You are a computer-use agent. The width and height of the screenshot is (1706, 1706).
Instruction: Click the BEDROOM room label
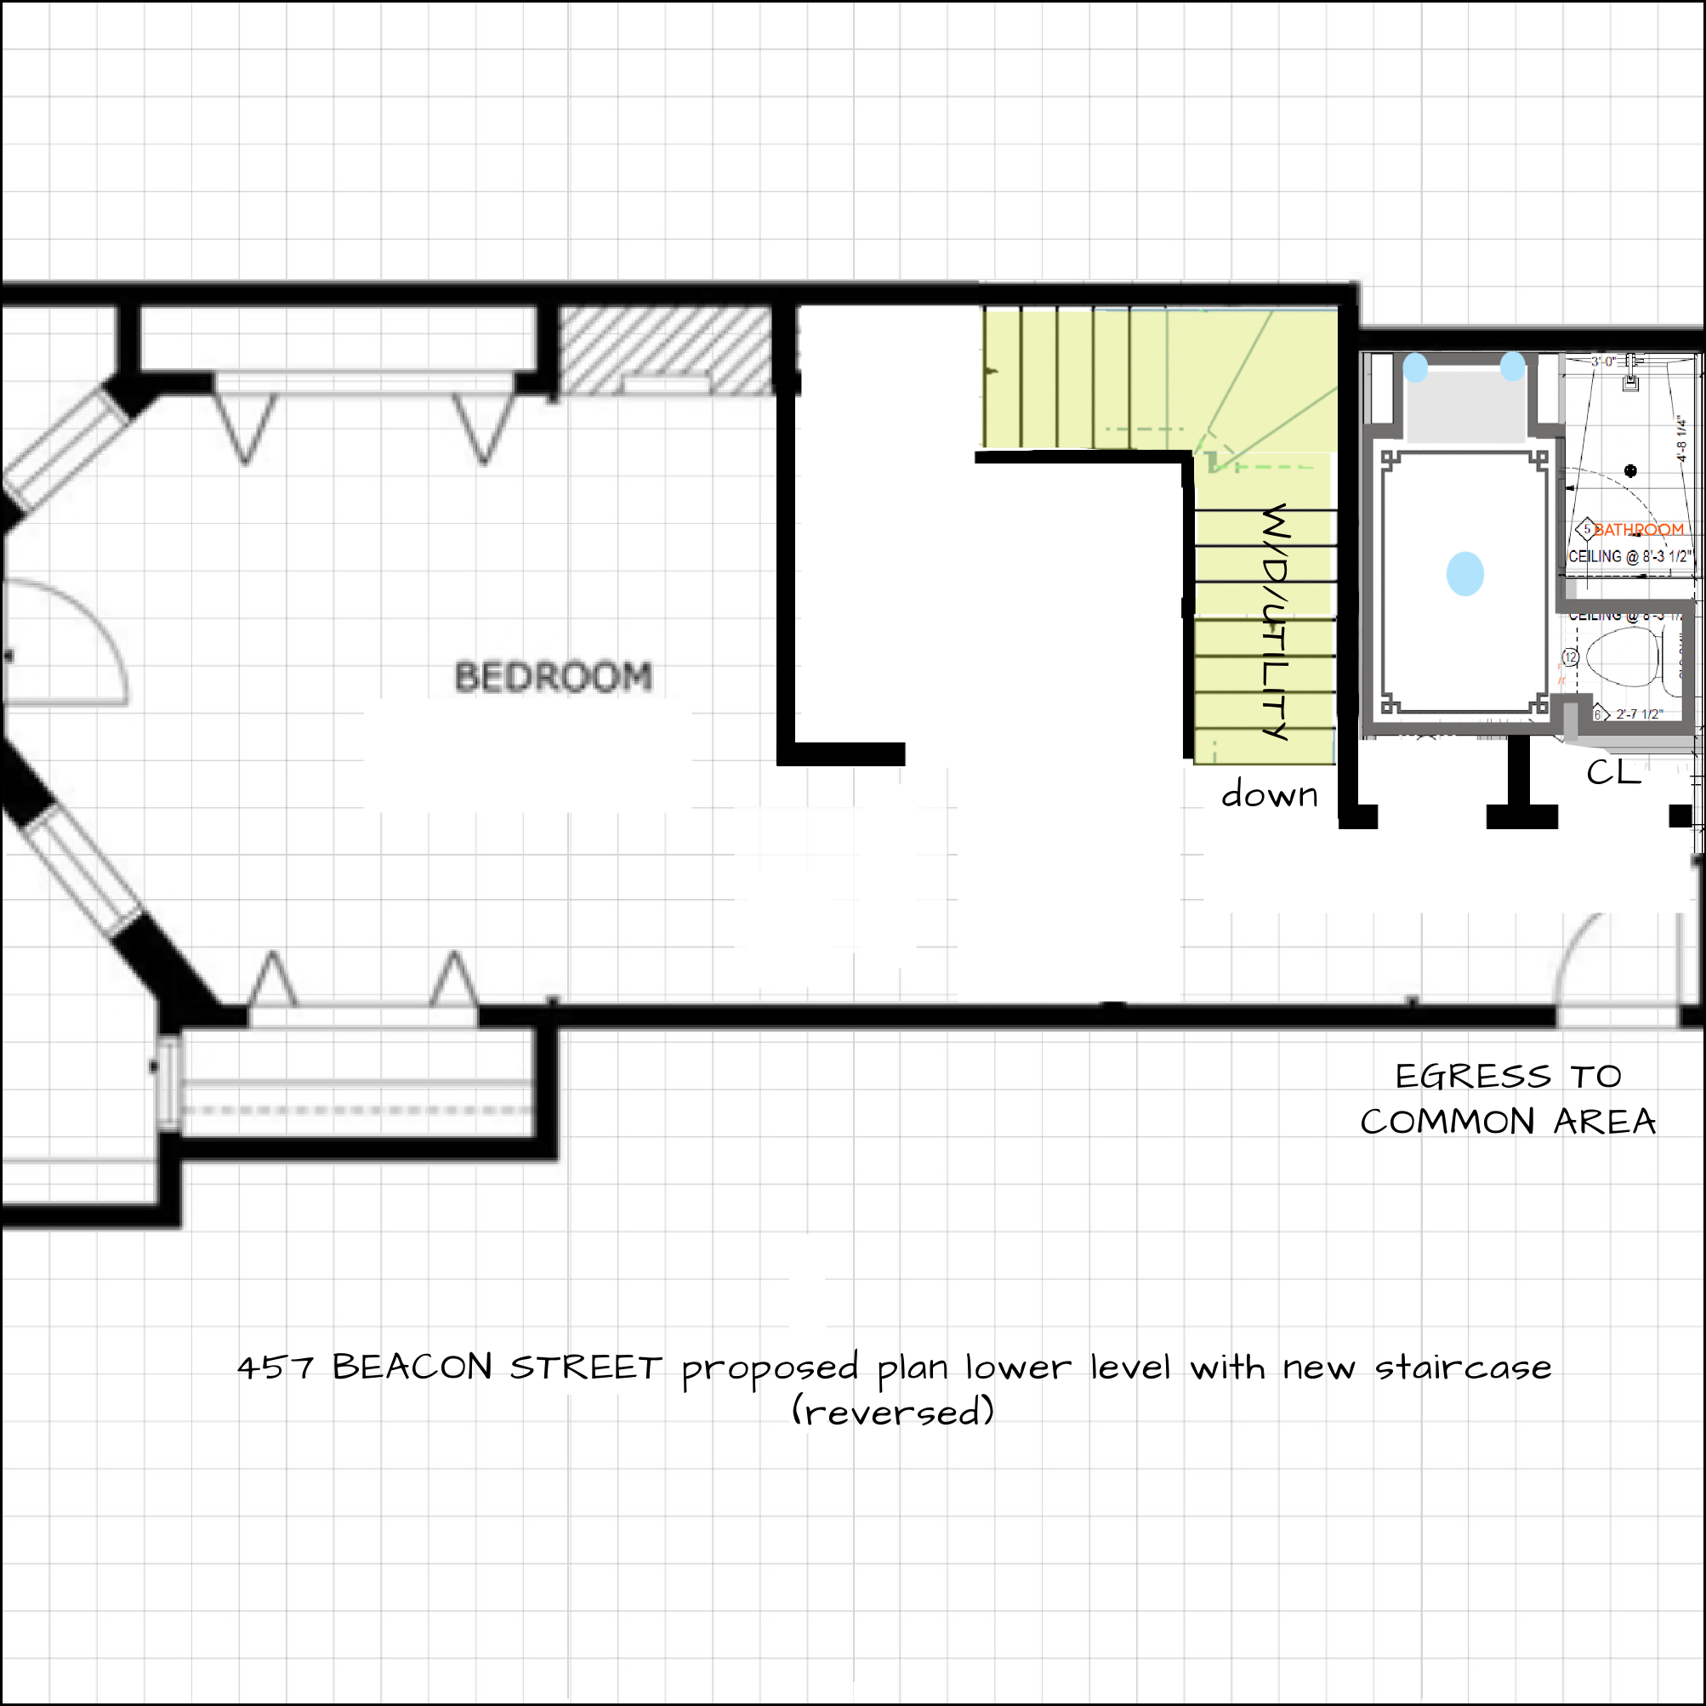tap(554, 676)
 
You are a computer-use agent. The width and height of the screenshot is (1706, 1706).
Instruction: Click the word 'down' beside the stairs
tap(1269, 794)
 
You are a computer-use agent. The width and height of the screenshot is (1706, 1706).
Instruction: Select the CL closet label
tap(1612, 773)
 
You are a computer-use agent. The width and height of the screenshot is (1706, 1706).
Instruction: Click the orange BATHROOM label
tap(1639, 530)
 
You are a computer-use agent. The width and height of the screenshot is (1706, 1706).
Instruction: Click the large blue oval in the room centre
tap(1465, 574)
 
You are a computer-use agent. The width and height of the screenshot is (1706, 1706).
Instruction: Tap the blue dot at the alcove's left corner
tap(1415, 367)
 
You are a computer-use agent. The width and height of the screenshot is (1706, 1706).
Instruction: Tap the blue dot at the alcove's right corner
tap(1513, 366)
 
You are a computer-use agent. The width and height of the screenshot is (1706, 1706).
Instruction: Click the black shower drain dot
tap(1631, 470)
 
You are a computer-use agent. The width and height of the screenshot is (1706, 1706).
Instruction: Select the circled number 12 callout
tap(1570, 657)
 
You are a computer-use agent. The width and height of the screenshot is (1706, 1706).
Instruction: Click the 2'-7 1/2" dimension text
tap(1639, 714)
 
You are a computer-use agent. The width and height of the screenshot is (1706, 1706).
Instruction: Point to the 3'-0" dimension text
tap(1604, 361)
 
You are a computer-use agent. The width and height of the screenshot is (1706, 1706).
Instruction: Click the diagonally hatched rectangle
tap(667, 350)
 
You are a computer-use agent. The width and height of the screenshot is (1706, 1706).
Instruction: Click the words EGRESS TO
tap(1508, 1077)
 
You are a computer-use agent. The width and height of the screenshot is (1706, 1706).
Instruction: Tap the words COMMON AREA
tap(1508, 1123)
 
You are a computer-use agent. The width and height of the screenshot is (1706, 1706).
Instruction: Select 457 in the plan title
tap(275, 1368)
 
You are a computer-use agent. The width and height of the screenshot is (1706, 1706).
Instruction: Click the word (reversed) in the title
tap(893, 1411)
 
